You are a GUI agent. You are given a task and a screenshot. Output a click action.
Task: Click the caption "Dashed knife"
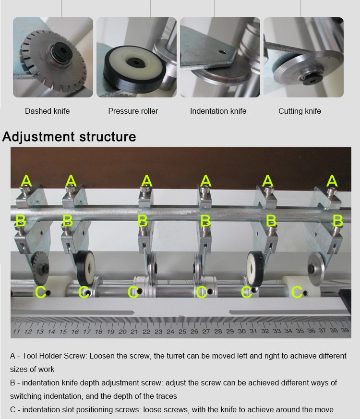click(48, 111)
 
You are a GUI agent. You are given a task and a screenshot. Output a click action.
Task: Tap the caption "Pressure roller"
click(133, 111)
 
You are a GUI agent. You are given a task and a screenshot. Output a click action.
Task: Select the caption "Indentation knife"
click(218, 111)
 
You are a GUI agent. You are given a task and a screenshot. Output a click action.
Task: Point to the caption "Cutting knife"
click(300, 111)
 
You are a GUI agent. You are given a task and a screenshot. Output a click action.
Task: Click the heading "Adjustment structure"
click(69, 137)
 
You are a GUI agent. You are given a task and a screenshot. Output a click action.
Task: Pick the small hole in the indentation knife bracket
click(222, 52)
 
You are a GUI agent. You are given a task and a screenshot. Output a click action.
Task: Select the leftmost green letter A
click(26, 181)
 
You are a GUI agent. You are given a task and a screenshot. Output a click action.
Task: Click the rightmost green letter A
click(332, 180)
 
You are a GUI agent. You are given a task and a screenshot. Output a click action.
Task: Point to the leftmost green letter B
click(20, 221)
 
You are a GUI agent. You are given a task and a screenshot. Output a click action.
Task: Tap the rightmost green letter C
click(297, 292)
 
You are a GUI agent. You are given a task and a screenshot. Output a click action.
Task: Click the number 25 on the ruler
click(182, 331)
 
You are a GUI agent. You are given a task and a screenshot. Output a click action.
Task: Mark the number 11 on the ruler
click(16, 332)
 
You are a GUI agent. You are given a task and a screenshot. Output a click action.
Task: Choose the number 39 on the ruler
click(345, 330)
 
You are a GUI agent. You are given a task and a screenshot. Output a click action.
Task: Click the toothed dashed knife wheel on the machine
click(41, 268)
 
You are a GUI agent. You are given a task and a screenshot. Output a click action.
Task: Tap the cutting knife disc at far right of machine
click(316, 269)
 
